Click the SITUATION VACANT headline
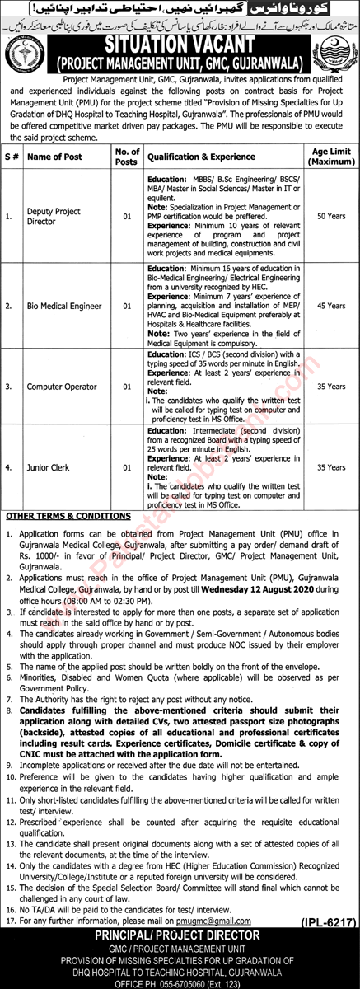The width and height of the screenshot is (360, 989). point(179,42)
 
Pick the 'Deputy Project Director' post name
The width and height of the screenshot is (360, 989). point(53,217)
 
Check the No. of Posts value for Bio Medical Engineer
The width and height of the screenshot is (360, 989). point(126,305)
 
